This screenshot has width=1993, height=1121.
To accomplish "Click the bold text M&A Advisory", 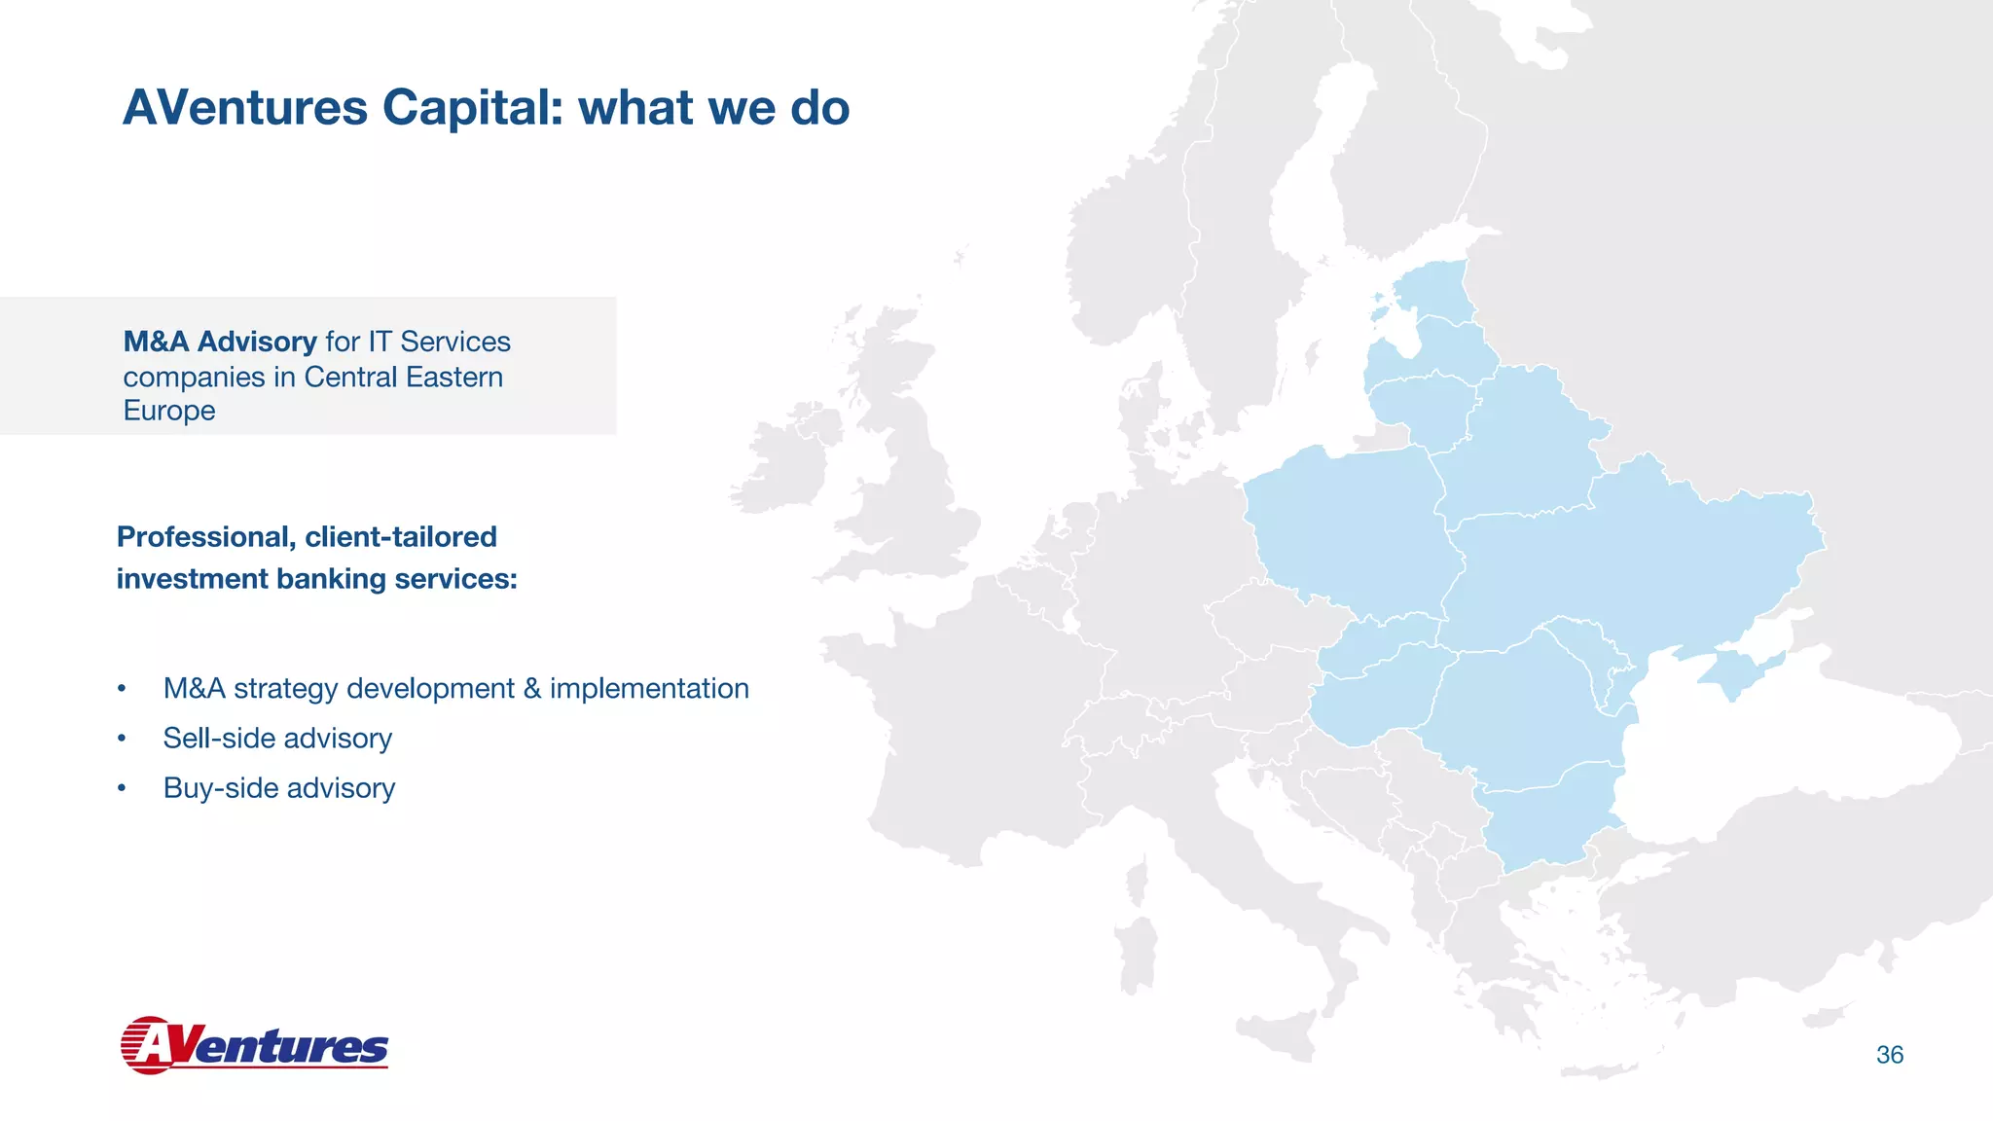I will tap(220, 342).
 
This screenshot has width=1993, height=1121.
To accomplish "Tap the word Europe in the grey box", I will tap(169, 411).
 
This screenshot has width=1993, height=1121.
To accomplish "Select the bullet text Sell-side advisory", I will tap(277, 739).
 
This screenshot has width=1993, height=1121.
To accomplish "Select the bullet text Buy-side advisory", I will tap(279, 788).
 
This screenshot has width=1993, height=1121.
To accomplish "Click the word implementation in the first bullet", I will tap(649, 689).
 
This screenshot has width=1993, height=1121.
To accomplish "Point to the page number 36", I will tap(1889, 1055).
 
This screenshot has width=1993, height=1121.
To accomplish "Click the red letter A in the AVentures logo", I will tap(154, 1046).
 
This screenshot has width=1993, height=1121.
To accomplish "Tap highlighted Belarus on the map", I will tap(1518, 448).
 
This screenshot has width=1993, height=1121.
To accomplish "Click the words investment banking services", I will tap(316, 579).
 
